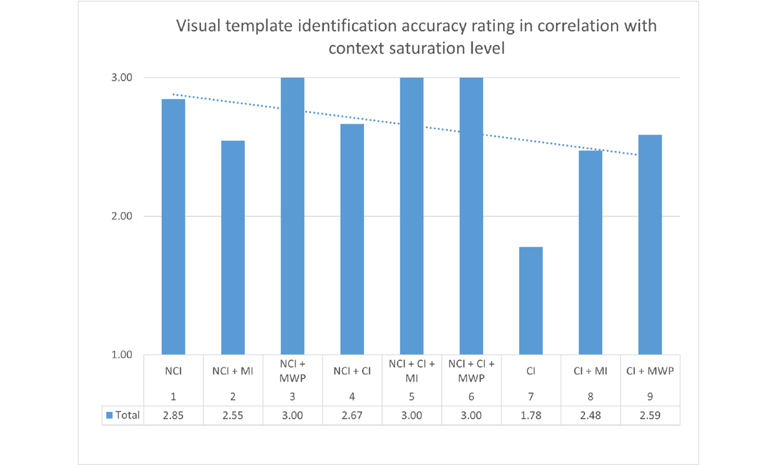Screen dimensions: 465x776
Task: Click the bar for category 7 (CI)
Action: click(x=530, y=301)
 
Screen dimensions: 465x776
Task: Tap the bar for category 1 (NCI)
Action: click(x=173, y=226)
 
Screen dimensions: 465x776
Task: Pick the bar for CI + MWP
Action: click(x=649, y=244)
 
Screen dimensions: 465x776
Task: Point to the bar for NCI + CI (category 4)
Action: click(x=352, y=239)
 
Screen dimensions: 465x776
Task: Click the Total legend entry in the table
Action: click(x=123, y=415)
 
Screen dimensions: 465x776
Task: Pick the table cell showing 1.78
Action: click(x=530, y=415)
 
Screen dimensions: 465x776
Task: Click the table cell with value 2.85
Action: click(x=173, y=415)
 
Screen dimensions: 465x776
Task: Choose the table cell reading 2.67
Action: click(x=352, y=415)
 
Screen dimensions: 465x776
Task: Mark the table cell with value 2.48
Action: click(x=590, y=415)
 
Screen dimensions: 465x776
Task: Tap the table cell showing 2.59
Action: click(x=649, y=415)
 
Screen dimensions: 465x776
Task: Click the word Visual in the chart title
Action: click(x=198, y=27)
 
